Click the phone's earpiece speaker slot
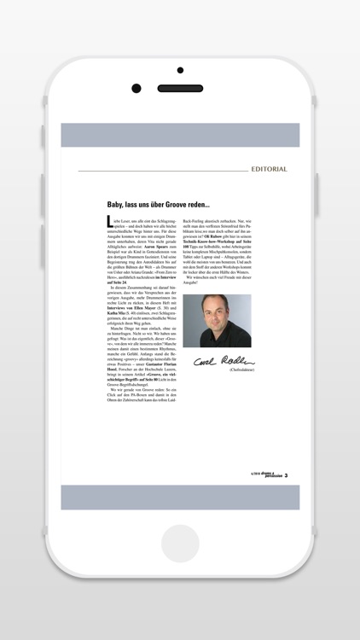click(180, 88)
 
